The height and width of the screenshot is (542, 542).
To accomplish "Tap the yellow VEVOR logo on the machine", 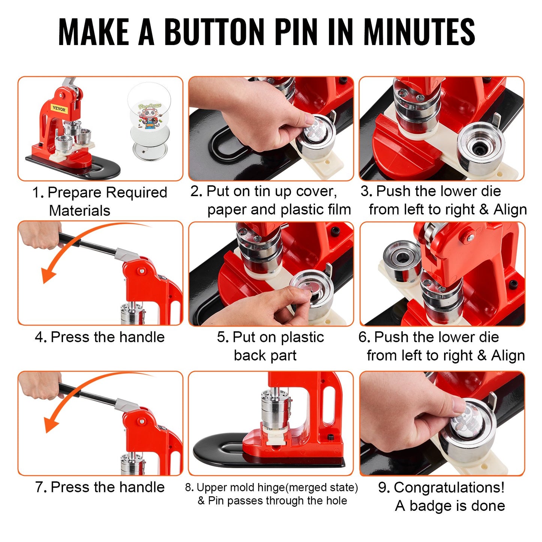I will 59,109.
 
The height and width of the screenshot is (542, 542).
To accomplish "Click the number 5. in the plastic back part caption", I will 223,337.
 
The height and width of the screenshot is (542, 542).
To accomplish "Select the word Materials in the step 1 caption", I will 80,210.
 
